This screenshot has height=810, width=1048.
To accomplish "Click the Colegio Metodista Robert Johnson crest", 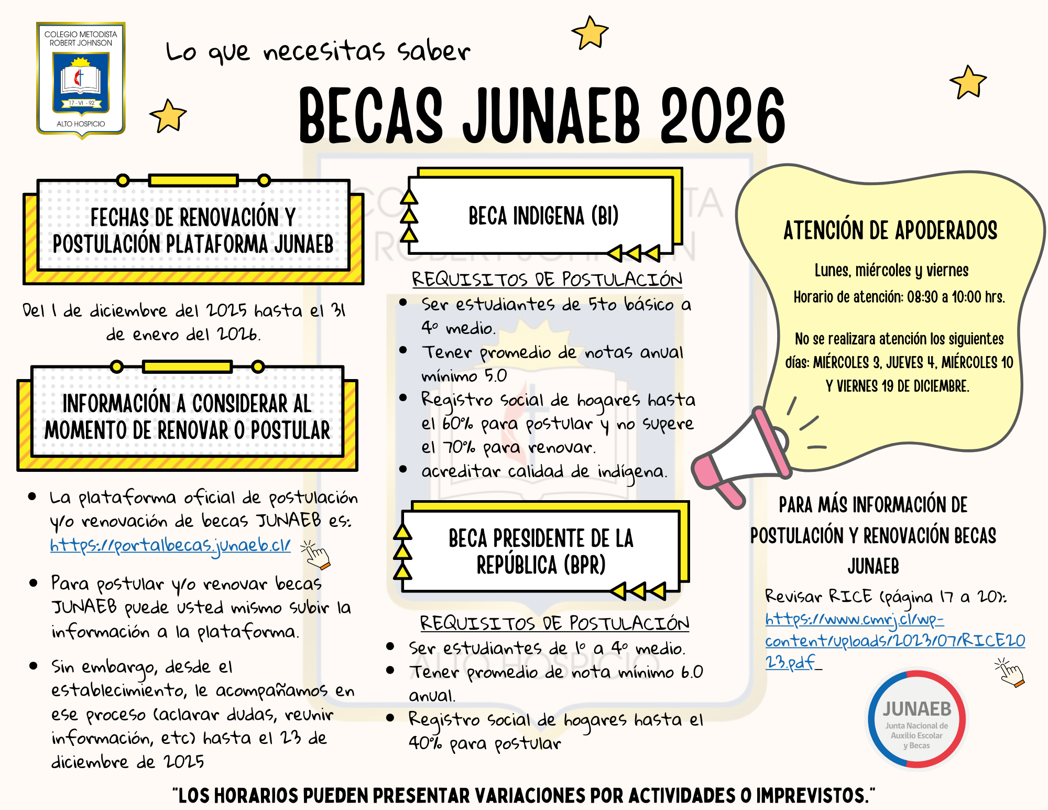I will pos(81,80).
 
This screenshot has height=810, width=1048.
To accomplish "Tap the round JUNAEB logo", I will pos(916,719).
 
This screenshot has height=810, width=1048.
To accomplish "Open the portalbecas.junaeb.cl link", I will pos(170,545).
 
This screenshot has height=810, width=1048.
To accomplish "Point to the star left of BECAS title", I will pos(168,115).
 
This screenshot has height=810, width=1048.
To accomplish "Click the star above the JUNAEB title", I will pos(590,33).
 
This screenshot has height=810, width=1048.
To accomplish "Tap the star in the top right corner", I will pos(968,82).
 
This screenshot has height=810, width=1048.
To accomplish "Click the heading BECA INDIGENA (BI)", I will pos(543,215).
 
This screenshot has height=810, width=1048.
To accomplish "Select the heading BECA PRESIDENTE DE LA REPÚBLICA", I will pos(541,552).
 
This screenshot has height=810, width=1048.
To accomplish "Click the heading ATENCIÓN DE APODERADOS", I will pos(890,231).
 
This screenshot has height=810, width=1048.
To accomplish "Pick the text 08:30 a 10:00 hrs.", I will pos(956,297).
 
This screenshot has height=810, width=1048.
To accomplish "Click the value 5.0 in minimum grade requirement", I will pos(495,376).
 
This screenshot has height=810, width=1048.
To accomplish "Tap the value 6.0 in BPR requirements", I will pos(692,672).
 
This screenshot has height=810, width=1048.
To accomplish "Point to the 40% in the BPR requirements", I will pos(425,743).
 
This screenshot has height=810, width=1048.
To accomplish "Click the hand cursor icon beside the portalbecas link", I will pos(316,555).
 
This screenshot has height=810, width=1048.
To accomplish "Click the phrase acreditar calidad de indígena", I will pos(544,471).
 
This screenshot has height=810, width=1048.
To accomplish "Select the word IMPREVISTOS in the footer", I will pos(812,795).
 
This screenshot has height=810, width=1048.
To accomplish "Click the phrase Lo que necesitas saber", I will pos(318,52).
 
